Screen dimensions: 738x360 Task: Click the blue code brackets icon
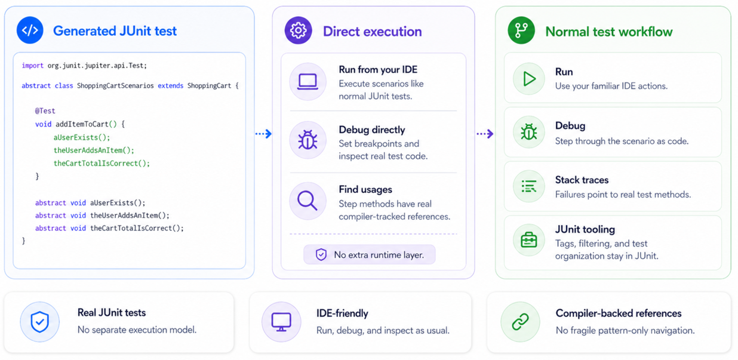pos(30,30)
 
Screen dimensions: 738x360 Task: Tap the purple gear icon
pos(298,30)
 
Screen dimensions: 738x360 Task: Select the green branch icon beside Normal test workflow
pos(521,30)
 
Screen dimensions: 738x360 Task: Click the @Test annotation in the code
pos(45,111)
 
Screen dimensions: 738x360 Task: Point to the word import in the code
pos(32,66)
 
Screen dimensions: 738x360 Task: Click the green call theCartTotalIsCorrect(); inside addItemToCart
pos(102,164)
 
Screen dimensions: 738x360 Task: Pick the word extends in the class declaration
pos(170,85)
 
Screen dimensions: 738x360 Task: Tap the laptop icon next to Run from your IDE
pos(307,82)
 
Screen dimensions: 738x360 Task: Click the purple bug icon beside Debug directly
pos(307,140)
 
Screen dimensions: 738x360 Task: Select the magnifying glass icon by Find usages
pos(307,201)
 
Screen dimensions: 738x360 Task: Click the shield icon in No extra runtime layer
pos(321,254)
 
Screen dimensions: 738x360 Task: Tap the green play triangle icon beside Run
pos(530,79)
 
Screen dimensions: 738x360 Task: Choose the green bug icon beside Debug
pos(529,132)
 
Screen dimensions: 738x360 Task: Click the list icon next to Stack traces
pos(529,186)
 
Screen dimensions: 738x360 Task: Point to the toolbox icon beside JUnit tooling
pos(529,240)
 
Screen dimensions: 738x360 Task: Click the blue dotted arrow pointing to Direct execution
pos(263,133)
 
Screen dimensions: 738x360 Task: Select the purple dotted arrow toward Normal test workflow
pos(485,133)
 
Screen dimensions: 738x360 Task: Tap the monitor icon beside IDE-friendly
pos(281,322)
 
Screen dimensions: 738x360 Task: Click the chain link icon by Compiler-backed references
pos(520,321)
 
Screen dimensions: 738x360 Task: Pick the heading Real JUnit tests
pos(112,313)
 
